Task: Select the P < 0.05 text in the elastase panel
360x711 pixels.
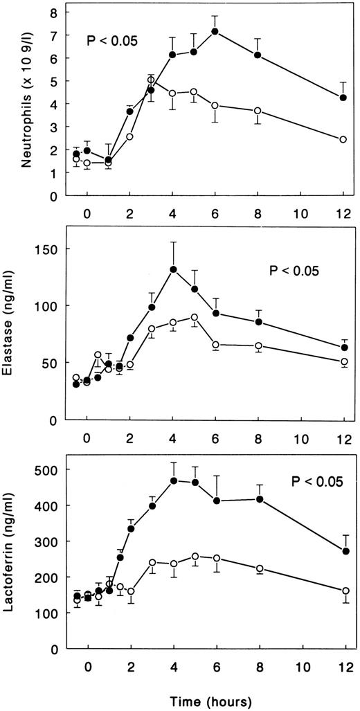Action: click(294, 271)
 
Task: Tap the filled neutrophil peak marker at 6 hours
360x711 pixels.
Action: click(215, 31)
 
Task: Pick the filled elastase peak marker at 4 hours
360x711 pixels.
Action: click(173, 269)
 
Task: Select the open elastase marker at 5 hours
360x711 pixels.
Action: click(195, 317)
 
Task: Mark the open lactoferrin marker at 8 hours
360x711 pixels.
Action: click(259, 568)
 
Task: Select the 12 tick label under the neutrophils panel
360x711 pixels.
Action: click(344, 212)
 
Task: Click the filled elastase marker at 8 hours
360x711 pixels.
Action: click(259, 322)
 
